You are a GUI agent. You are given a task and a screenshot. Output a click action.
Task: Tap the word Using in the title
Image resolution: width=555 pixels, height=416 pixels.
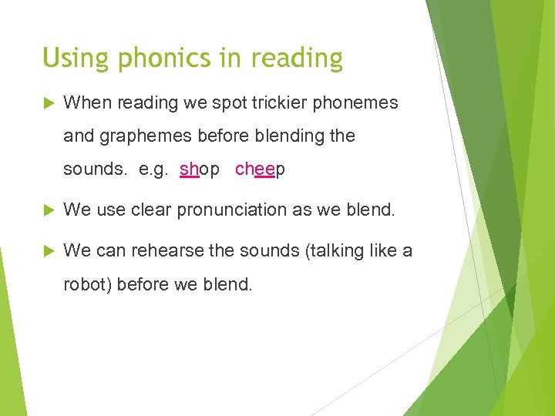pos(71,59)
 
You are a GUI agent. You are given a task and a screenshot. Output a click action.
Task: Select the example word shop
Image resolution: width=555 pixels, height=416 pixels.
pos(199,169)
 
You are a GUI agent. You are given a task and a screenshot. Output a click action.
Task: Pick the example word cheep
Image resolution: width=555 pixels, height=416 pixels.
pos(260,169)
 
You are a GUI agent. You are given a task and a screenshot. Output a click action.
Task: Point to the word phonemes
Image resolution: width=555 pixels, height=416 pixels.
pos(357,102)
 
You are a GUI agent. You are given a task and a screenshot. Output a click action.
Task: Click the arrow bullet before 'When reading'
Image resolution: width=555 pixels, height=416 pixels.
pos(49,102)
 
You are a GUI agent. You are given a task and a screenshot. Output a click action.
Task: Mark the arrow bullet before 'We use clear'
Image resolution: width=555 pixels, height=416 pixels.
pos(49,210)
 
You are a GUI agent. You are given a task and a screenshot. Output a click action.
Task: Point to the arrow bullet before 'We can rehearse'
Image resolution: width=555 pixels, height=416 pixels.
pos(49,250)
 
